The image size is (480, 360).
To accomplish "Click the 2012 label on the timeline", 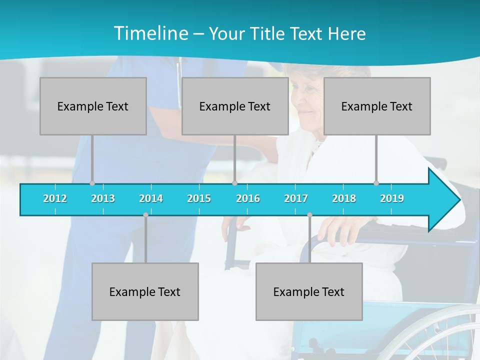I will click(55, 198).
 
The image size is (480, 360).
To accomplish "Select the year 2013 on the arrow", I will click(103, 198).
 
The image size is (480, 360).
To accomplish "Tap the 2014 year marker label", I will click(151, 198).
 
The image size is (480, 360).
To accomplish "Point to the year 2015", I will click(199, 198).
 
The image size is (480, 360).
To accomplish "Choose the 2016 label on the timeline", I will click(248, 198).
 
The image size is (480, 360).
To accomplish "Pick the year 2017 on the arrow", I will click(296, 198).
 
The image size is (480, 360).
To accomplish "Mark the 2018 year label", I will click(344, 198).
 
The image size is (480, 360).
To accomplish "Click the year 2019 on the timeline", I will click(392, 198).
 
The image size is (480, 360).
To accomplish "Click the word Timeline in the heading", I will click(150, 33).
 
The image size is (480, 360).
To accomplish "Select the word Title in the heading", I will click(268, 33).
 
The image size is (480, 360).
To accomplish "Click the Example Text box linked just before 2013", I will click(93, 106).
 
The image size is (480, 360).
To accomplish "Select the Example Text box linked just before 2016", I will click(235, 106).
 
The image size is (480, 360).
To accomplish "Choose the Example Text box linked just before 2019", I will click(377, 106).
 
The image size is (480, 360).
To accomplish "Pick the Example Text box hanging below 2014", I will click(145, 291).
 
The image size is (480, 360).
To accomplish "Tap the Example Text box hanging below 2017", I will click(309, 291).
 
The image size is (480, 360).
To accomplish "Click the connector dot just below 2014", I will click(145, 215).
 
